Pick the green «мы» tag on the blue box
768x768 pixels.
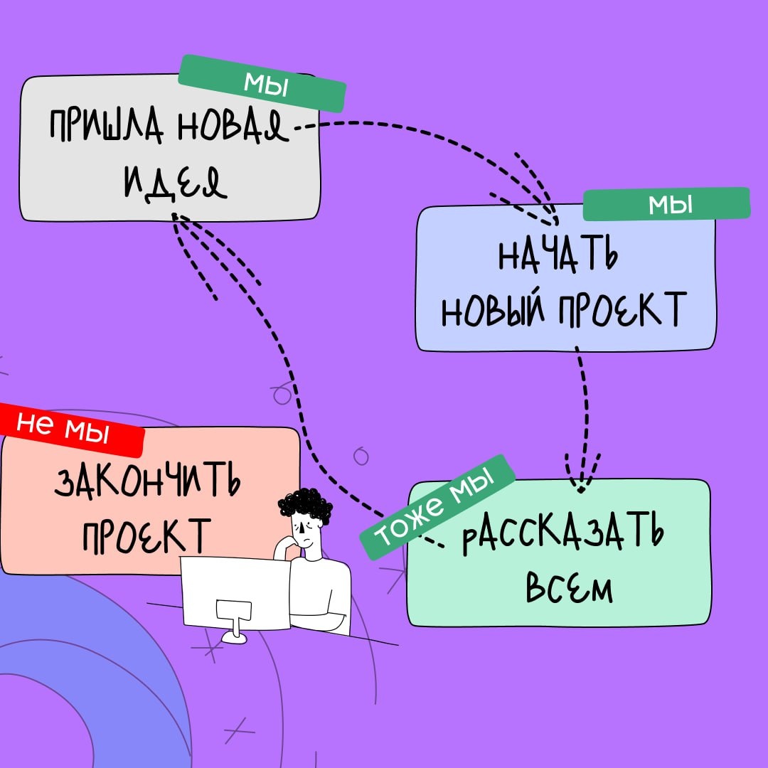pyautogui.click(x=666, y=206)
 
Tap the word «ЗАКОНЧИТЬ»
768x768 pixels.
pyautogui.click(x=147, y=486)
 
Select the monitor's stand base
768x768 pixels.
pyautogui.click(x=234, y=638)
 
